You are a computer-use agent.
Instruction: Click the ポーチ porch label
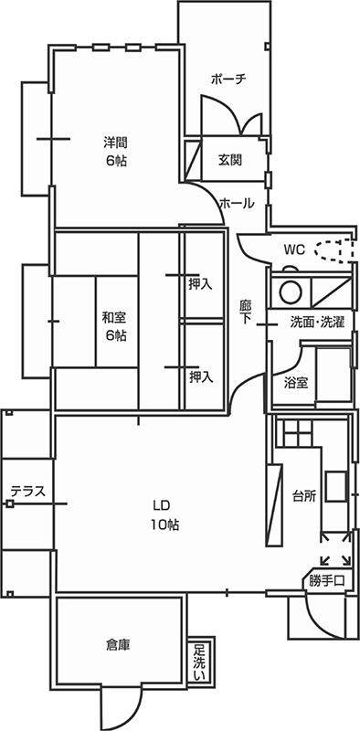click(x=228, y=79)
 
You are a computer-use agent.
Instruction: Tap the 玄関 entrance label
click(x=229, y=160)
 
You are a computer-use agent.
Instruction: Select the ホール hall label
click(x=237, y=205)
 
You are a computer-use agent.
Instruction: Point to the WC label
click(x=293, y=249)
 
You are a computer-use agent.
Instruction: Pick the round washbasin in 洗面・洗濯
click(x=290, y=292)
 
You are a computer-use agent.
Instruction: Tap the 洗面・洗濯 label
click(x=317, y=322)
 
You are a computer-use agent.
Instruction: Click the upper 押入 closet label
click(x=200, y=284)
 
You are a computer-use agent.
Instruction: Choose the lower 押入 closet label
click(x=201, y=376)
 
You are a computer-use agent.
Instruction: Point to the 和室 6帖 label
click(x=114, y=326)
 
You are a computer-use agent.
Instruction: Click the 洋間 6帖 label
click(x=114, y=152)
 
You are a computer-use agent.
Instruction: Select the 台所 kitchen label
click(x=304, y=496)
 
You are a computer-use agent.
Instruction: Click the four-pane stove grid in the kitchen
click(x=297, y=430)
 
